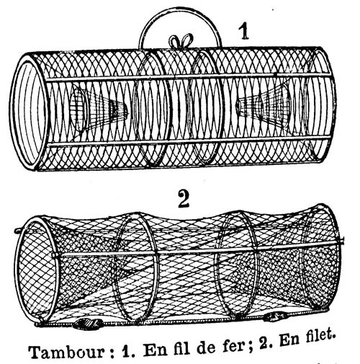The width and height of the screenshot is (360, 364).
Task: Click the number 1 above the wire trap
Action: point(244,31)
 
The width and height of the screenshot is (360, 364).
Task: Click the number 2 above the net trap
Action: point(184,198)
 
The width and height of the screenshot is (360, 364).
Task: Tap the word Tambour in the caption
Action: point(67,351)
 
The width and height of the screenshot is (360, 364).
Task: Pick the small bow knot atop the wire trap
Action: point(181,41)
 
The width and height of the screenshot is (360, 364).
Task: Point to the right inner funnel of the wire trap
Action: point(264,106)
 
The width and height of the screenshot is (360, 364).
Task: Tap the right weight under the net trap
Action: point(276,316)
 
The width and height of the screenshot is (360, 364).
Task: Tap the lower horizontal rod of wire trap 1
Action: point(189,142)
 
